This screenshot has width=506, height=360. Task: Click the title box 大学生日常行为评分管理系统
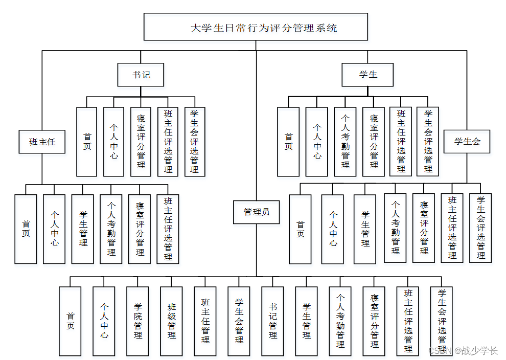pos(256,27)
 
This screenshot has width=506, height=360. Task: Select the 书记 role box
pos(141,75)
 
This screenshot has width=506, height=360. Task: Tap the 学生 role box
pos(367,75)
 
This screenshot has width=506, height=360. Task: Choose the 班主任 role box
pos(42,142)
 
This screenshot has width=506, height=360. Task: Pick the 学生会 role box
pos(467,141)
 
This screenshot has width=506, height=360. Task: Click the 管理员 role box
pos(256,212)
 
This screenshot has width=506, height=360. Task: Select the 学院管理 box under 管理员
pos(138,321)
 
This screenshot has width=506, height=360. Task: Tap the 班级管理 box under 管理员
pos(172,321)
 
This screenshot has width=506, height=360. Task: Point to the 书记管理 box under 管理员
pos(273,321)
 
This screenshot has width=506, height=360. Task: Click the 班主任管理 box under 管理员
pos(205,321)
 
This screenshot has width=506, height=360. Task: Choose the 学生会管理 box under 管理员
pos(239,321)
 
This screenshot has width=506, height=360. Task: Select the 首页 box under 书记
pos(87,142)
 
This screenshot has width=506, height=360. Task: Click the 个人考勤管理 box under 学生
pos(346,142)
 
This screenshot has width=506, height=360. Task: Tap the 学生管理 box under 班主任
pos(83,229)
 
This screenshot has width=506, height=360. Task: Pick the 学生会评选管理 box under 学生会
pos(480,228)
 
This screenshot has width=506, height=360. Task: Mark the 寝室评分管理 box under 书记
pos(141,142)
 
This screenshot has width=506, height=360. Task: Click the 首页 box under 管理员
pos(70,321)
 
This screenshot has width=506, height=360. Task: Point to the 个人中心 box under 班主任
pos(54,229)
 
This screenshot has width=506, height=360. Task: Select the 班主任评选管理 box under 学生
pos(401,142)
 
